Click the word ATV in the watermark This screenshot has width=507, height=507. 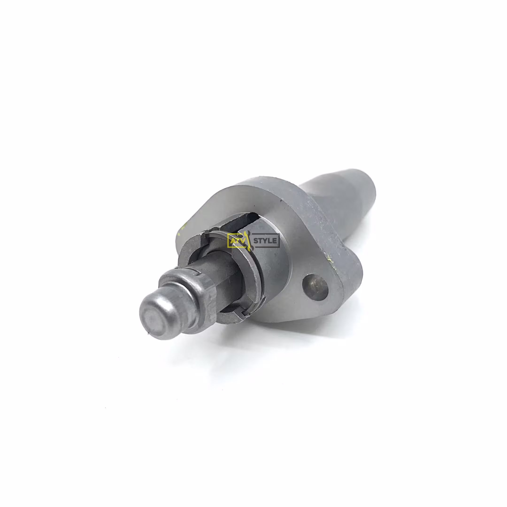click(235, 241)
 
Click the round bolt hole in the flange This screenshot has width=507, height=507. click(315, 287)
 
